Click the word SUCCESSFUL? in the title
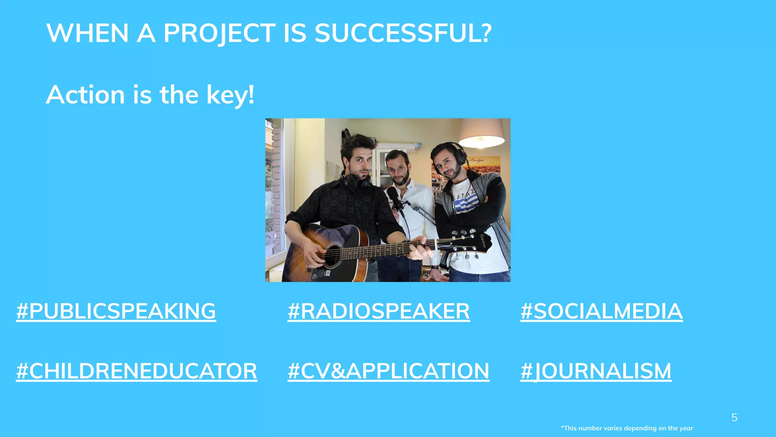coord(403,33)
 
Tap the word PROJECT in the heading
coord(219,33)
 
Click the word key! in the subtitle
coord(230,95)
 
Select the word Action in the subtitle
coord(85,95)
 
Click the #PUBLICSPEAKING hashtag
coord(116,311)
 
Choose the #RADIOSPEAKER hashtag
coord(379,311)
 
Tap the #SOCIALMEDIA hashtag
coord(601,311)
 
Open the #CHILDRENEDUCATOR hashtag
coord(136,371)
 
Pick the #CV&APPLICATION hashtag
coord(388,371)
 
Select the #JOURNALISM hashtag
coord(596,371)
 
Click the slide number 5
coord(734,418)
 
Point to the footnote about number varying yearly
coord(627,428)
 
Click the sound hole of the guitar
coord(332,256)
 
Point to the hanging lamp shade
coord(481,133)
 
